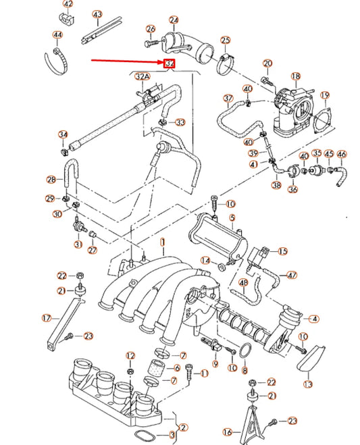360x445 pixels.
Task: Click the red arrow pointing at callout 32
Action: [128, 61]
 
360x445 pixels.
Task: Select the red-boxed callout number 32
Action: [169, 64]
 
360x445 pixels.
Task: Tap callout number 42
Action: [68, 6]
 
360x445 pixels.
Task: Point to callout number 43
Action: [98, 14]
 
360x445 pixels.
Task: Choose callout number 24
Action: [174, 20]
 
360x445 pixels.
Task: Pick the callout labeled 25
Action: [225, 41]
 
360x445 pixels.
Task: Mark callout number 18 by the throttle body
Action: [295, 77]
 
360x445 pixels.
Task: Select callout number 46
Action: [342, 154]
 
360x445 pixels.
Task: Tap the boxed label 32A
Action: [143, 76]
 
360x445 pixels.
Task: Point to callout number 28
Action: [51, 180]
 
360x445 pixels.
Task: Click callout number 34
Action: [63, 134]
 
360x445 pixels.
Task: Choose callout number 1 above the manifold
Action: [162, 242]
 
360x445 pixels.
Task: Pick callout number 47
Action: [292, 275]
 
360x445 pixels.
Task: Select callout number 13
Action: [308, 384]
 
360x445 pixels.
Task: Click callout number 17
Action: [47, 317]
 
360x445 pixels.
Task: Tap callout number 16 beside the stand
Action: [228, 431]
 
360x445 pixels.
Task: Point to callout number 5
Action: [232, 218]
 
